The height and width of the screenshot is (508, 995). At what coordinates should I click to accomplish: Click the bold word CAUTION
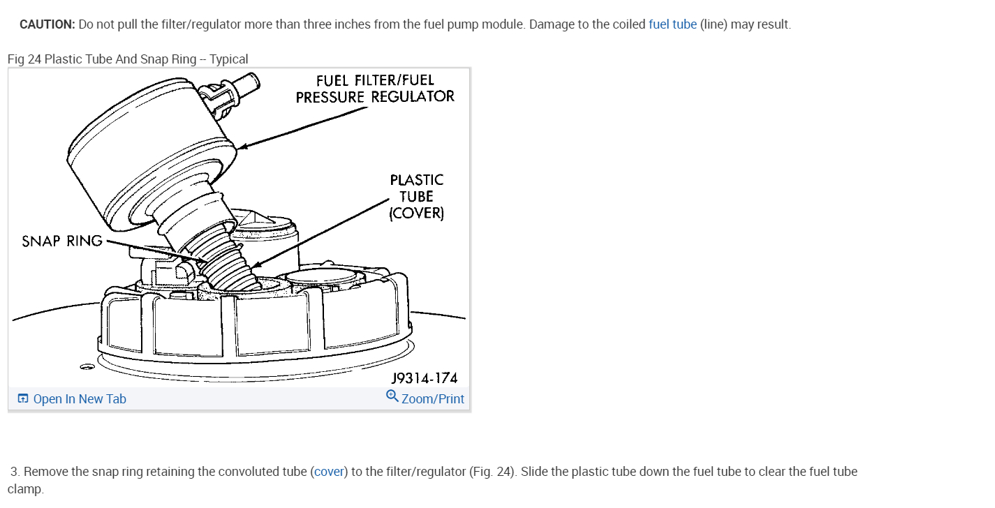[x=47, y=24]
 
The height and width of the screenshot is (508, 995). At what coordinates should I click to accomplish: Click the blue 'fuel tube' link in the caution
[x=672, y=24]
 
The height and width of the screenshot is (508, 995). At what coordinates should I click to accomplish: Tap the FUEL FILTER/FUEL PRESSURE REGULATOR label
[x=375, y=89]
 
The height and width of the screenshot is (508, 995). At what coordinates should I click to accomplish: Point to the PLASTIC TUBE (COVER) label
[x=416, y=197]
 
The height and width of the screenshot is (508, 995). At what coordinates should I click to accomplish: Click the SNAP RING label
[x=62, y=241]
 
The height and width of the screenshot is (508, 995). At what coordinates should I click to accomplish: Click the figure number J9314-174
[x=425, y=378]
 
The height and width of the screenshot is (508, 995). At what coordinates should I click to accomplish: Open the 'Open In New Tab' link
[x=80, y=399]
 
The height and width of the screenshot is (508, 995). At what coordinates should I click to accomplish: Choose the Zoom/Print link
[x=432, y=399]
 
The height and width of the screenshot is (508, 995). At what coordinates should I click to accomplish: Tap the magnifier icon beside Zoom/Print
[x=392, y=396]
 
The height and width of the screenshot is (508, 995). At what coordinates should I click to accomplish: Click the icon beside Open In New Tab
[x=23, y=399]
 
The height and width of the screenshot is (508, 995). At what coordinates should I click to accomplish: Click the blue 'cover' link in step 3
[x=330, y=472]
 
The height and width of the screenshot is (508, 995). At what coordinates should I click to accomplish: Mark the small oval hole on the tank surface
[x=87, y=366]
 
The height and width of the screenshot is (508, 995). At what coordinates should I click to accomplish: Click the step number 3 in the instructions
[x=14, y=472]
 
